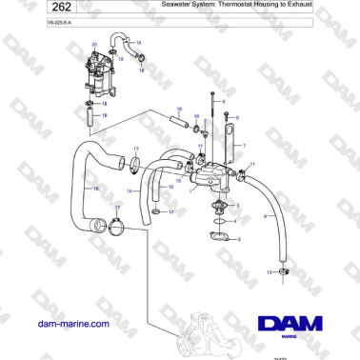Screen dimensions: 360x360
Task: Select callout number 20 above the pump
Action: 94,45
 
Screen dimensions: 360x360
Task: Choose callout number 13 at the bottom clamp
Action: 269,273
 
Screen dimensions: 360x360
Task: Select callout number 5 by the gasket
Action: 239,240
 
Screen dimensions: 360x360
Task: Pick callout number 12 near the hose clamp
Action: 170,211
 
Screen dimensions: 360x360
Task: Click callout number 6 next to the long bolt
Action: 224,101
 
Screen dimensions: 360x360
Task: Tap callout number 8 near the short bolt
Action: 237,118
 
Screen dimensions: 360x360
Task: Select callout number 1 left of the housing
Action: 189,190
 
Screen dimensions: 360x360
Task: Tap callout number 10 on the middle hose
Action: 170,188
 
